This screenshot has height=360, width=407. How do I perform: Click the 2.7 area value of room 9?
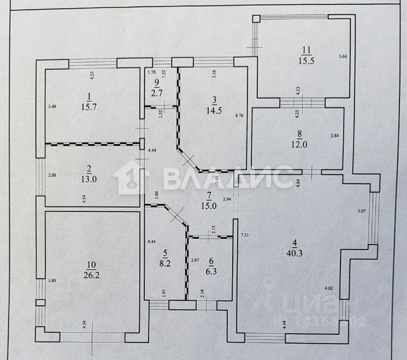click(158, 92)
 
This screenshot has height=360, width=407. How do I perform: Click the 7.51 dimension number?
click(245, 235)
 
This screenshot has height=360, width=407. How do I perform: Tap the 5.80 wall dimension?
click(51, 281)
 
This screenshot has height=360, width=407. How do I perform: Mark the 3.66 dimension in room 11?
click(343, 56)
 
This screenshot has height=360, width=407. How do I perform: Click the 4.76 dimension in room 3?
click(239, 115)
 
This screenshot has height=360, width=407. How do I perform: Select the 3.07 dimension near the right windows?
click(361, 210)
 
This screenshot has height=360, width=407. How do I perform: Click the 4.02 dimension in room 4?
click(329, 287)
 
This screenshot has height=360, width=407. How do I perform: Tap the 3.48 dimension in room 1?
click(52, 106)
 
